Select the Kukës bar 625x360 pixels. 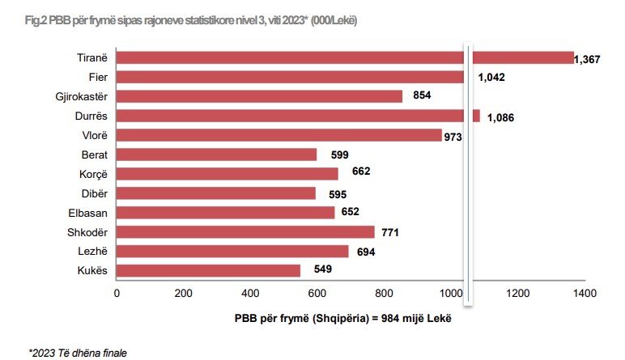(208, 270)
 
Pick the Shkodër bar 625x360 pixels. (245, 232)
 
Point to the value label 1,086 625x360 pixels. (502, 118)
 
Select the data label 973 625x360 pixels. (453, 138)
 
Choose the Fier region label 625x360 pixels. (98, 77)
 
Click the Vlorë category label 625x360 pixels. (95, 135)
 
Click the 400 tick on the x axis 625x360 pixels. (250, 293)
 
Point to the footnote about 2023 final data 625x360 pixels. (79, 352)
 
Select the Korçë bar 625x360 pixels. (227, 174)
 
